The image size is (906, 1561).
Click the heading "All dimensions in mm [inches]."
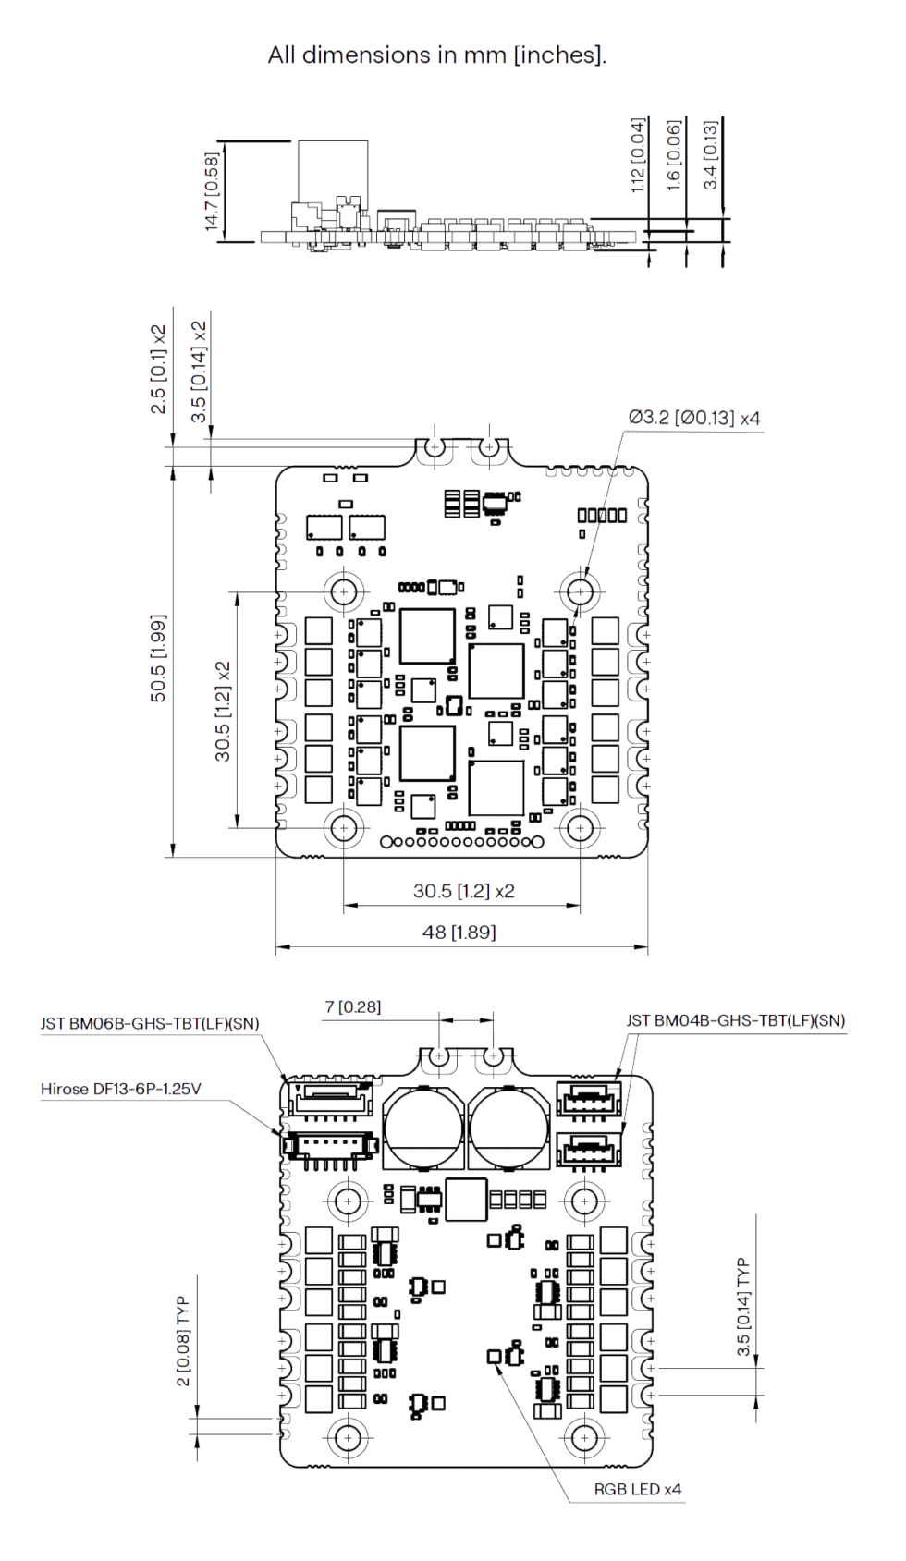tap(437, 55)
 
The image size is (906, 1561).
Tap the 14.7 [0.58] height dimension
tap(213, 191)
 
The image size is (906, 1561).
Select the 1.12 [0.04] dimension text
tap(638, 155)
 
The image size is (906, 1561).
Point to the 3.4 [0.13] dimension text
tap(710, 154)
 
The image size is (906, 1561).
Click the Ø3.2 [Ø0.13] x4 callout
tap(694, 418)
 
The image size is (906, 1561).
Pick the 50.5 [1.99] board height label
tap(158, 658)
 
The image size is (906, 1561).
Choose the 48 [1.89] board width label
tap(459, 932)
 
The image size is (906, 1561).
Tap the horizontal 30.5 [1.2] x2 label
tap(463, 891)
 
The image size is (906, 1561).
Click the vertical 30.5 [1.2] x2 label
tap(222, 712)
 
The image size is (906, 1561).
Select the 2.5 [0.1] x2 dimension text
tap(159, 369)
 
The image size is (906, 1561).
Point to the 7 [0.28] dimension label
tap(352, 1007)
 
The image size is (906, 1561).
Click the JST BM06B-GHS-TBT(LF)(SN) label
tap(150, 1023)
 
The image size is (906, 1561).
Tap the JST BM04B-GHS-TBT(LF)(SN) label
tap(735, 1020)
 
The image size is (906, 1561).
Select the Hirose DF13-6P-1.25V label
tap(120, 1089)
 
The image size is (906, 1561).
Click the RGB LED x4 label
tap(638, 1489)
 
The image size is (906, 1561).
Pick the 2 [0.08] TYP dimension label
tap(183, 1341)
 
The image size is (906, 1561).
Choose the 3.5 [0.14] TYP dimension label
tap(743, 1307)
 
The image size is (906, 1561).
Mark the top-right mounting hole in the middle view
tap(580, 592)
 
